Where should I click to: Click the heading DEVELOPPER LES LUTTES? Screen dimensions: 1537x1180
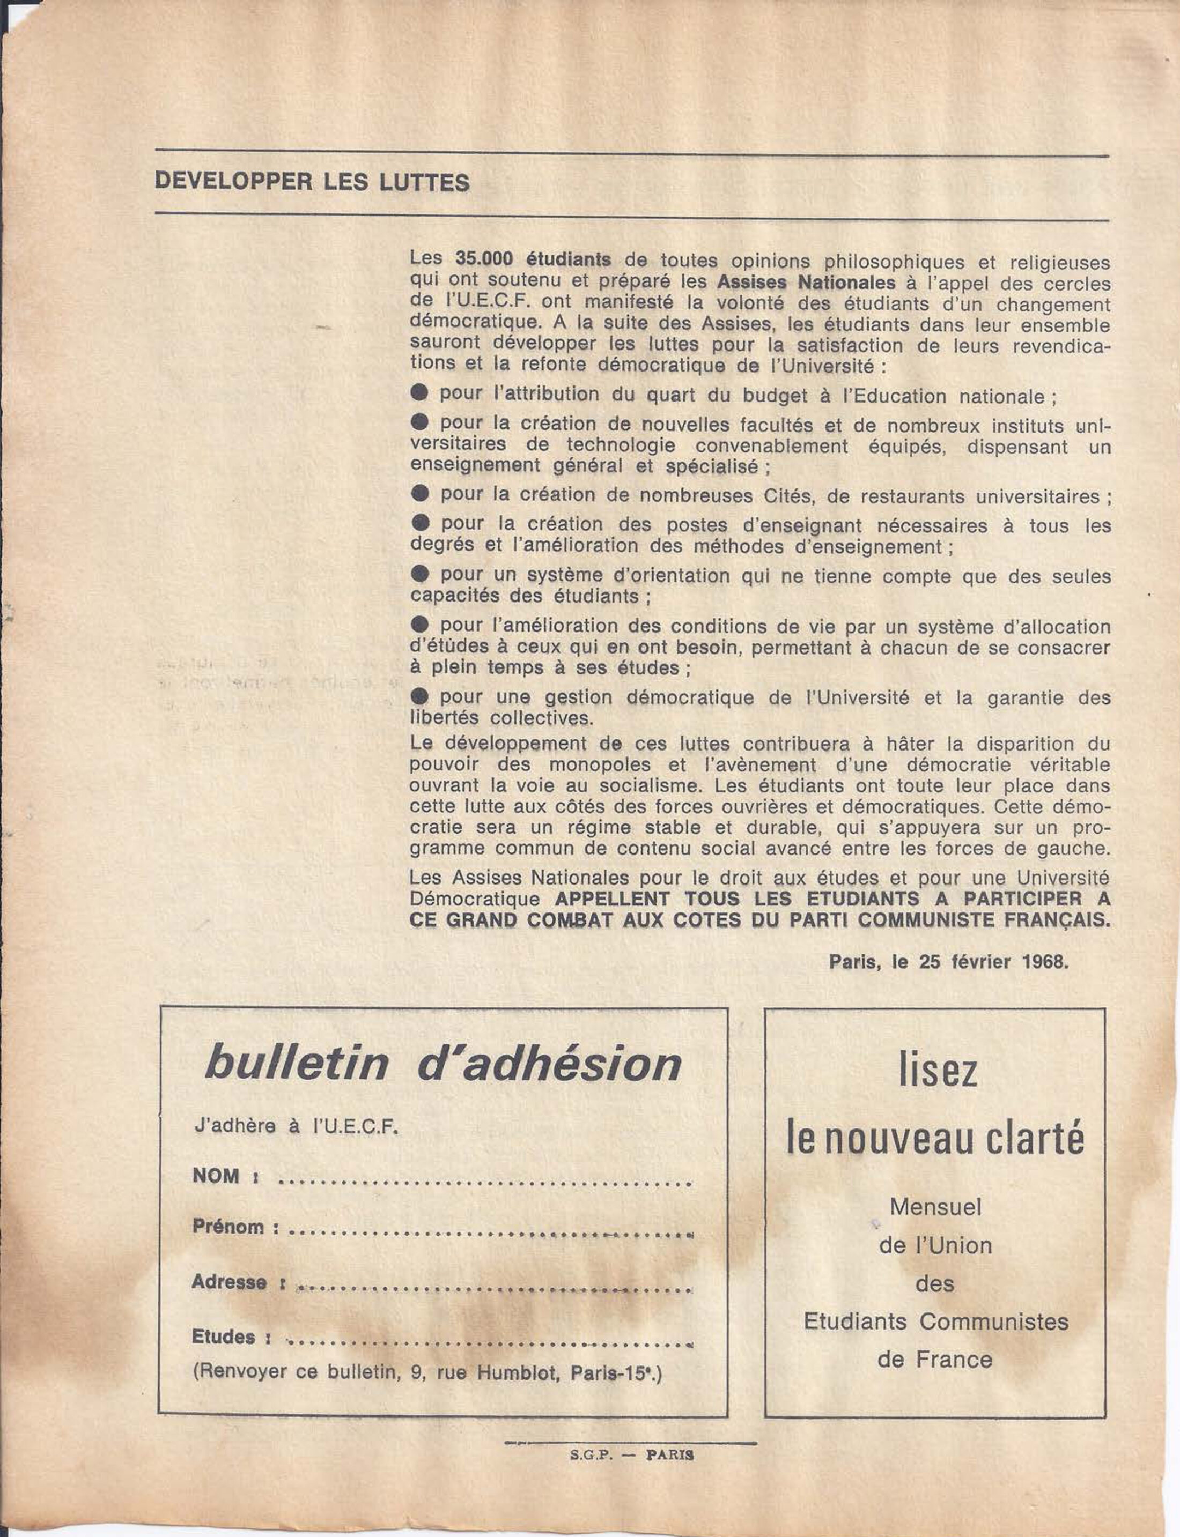[x=312, y=183]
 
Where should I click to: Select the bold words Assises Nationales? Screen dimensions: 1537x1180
[x=806, y=283]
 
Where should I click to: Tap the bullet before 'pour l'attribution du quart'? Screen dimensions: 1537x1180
[x=420, y=393]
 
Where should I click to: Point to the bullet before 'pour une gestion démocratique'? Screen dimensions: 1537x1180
[x=420, y=696]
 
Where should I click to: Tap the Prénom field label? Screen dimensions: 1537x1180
[x=229, y=1227]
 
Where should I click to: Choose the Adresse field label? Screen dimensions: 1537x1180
[x=229, y=1282]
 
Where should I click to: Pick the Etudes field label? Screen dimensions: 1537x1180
[x=223, y=1337]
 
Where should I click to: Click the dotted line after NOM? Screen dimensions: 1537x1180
[x=485, y=1184]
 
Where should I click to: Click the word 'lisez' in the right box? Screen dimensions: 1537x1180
[x=938, y=1072]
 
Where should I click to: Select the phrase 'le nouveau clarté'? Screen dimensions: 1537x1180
[x=935, y=1140]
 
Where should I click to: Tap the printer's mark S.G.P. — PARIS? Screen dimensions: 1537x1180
[x=631, y=1456]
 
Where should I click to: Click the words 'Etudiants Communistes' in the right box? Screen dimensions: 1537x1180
[x=935, y=1321]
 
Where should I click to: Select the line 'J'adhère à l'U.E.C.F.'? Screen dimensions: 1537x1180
[x=297, y=1127]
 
